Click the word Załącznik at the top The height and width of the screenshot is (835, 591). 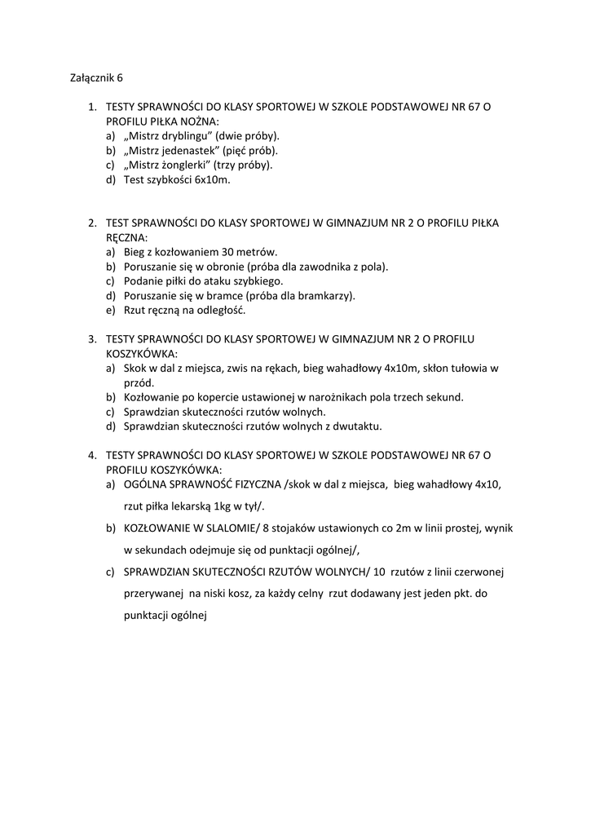click(x=89, y=78)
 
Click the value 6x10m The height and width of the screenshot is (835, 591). click(x=213, y=180)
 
